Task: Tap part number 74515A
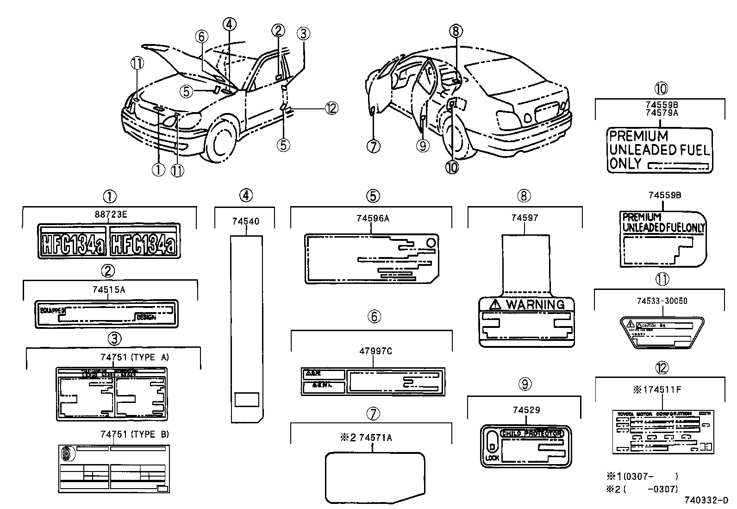pyautogui.click(x=109, y=289)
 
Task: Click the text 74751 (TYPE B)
pyautogui.click(x=135, y=434)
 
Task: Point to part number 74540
pyautogui.click(x=245, y=221)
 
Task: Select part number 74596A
pyautogui.click(x=373, y=218)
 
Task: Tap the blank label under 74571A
pyautogui.click(x=375, y=477)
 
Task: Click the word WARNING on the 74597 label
pyautogui.click(x=535, y=304)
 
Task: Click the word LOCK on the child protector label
pyautogui.click(x=492, y=458)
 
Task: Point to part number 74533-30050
pyautogui.click(x=661, y=301)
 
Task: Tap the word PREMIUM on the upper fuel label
pyautogui.click(x=638, y=136)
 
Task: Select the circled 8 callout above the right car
pyautogui.click(x=456, y=31)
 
